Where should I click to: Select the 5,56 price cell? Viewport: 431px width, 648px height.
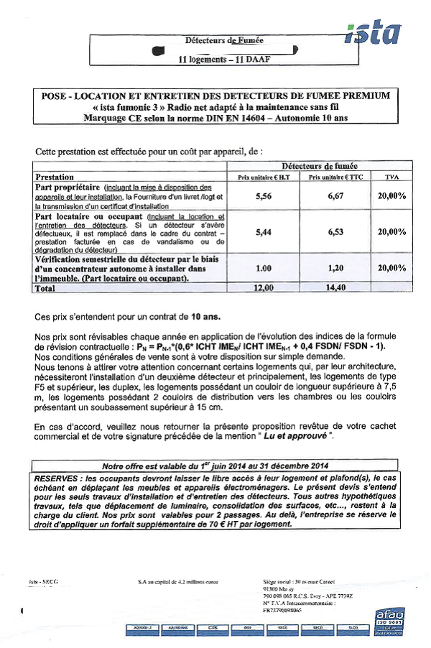(263, 195)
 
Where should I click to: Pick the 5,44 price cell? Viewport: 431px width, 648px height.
(263, 232)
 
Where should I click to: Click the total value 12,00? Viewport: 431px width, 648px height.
(263, 288)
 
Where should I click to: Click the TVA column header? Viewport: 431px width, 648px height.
(391, 177)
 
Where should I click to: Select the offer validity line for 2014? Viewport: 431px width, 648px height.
(215, 465)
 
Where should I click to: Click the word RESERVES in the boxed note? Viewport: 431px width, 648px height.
(57, 477)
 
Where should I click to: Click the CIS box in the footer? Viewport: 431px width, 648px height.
(213, 627)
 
